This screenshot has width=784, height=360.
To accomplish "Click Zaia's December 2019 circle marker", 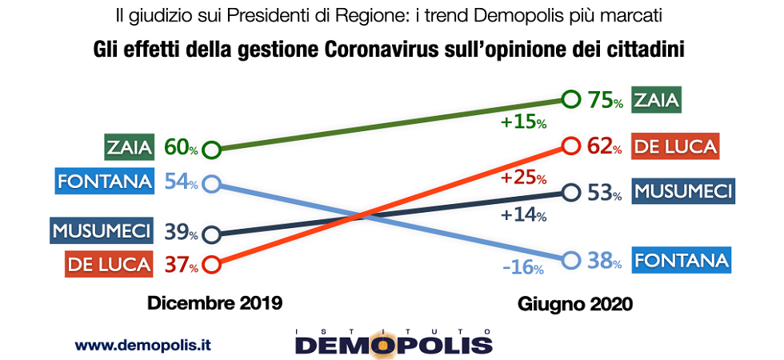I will pos(211,149).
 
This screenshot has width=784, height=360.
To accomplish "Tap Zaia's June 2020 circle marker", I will pos(570,100).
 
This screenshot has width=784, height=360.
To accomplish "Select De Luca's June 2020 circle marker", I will pos(570,146).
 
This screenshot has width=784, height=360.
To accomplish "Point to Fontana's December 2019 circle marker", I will pos(211,183).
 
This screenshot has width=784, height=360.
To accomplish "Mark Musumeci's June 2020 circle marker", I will pos(570,192).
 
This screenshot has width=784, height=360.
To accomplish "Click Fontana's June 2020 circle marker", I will pos(570,261).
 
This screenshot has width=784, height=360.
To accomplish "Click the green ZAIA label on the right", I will pos(656,100).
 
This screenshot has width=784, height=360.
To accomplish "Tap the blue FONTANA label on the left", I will pos(105,182).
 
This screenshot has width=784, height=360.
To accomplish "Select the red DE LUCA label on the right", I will pos(674,146).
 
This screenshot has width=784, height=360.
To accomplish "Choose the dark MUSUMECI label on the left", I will pos(101,232).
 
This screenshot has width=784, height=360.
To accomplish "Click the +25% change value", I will pos(524,178).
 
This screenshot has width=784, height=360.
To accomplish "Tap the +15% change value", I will pos(523,123).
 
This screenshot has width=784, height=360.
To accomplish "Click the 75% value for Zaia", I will pos(605,101).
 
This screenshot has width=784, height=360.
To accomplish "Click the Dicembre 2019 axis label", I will pos(214,304).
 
